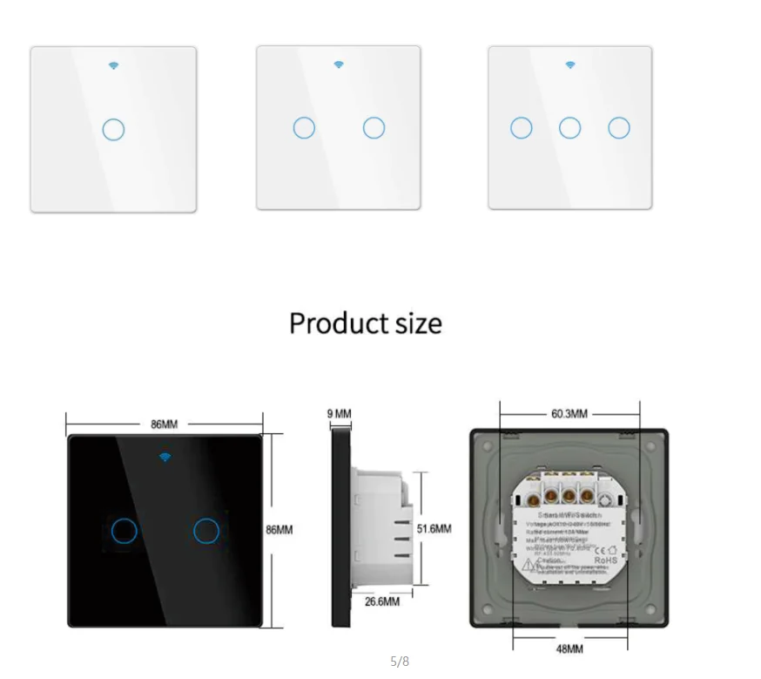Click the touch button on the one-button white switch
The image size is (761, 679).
pos(113,130)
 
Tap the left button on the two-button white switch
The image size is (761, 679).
pos(304,128)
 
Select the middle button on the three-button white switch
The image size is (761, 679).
pos(569,128)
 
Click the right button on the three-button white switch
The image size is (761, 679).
pos(619,128)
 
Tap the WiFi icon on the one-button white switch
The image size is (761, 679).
pos(113,65)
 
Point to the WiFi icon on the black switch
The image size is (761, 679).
pos(165,457)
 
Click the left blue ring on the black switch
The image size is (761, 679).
pos(125,530)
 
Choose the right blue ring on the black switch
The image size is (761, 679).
pos(206,530)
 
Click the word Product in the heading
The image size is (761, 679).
pos(335,323)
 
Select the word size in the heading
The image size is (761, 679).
pos(414,323)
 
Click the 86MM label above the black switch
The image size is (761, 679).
pos(164,424)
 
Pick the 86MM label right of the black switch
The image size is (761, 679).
pos(279,529)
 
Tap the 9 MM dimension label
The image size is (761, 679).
pos(340,413)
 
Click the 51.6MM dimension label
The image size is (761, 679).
pos(434,528)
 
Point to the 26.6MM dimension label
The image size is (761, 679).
pos(381,601)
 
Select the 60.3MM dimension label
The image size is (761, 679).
pos(569,413)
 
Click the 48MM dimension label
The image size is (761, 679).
pos(569,649)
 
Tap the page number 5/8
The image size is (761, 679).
pos(400,662)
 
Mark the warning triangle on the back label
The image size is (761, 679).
pos(529,565)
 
